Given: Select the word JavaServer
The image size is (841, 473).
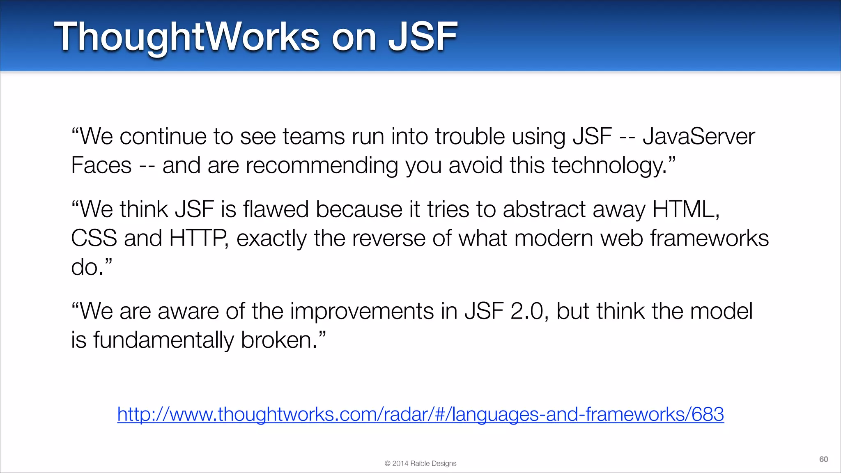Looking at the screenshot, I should click(x=699, y=136).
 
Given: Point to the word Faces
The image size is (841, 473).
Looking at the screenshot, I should click(x=101, y=165).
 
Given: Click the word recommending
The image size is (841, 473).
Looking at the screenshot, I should click(x=322, y=165).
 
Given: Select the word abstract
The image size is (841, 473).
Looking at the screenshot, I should click(x=544, y=209).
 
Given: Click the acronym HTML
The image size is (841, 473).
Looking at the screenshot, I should click(x=685, y=209).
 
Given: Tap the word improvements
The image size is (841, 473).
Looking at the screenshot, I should click(x=362, y=311).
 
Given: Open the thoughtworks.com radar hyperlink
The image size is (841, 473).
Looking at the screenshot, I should click(x=420, y=414).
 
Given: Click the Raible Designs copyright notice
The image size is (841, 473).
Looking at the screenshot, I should click(x=420, y=464).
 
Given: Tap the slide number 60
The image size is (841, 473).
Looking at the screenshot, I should click(x=823, y=459).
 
